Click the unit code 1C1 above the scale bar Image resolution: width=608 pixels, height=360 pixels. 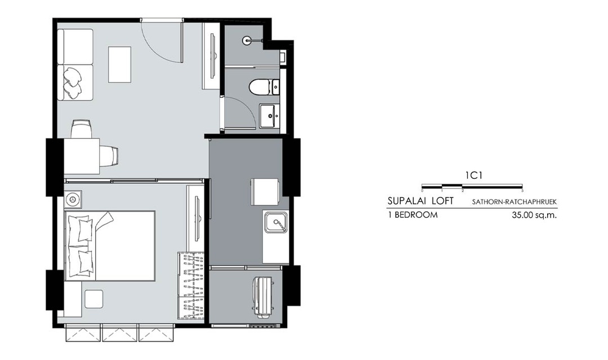pyautogui.click(x=473, y=175)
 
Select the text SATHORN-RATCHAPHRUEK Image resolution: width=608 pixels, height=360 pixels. pyautogui.click(x=515, y=202)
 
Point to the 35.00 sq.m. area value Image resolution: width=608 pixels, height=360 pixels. pyautogui.click(x=534, y=215)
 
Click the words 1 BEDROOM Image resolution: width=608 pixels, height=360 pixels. pyautogui.click(x=413, y=215)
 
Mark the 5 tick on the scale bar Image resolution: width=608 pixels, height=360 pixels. pyautogui.click(x=522, y=191)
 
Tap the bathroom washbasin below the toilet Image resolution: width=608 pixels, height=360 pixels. pyautogui.click(x=270, y=115)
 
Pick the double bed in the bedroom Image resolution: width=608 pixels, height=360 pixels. pyautogui.click(x=110, y=245)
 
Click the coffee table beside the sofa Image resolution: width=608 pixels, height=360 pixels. pyautogui.click(x=119, y=64)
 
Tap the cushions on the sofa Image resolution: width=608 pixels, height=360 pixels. pyautogui.click(x=73, y=82)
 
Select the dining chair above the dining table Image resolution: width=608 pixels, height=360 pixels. pyautogui.click(x=82, y=129)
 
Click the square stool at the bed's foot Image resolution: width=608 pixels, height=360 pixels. pyautogui.click(x=94, y=299)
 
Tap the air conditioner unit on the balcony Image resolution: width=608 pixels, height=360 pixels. pyautogui.click(x=263, y=296)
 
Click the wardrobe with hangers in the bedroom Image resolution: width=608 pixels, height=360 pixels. pyautogui.click(x=191, y=286)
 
